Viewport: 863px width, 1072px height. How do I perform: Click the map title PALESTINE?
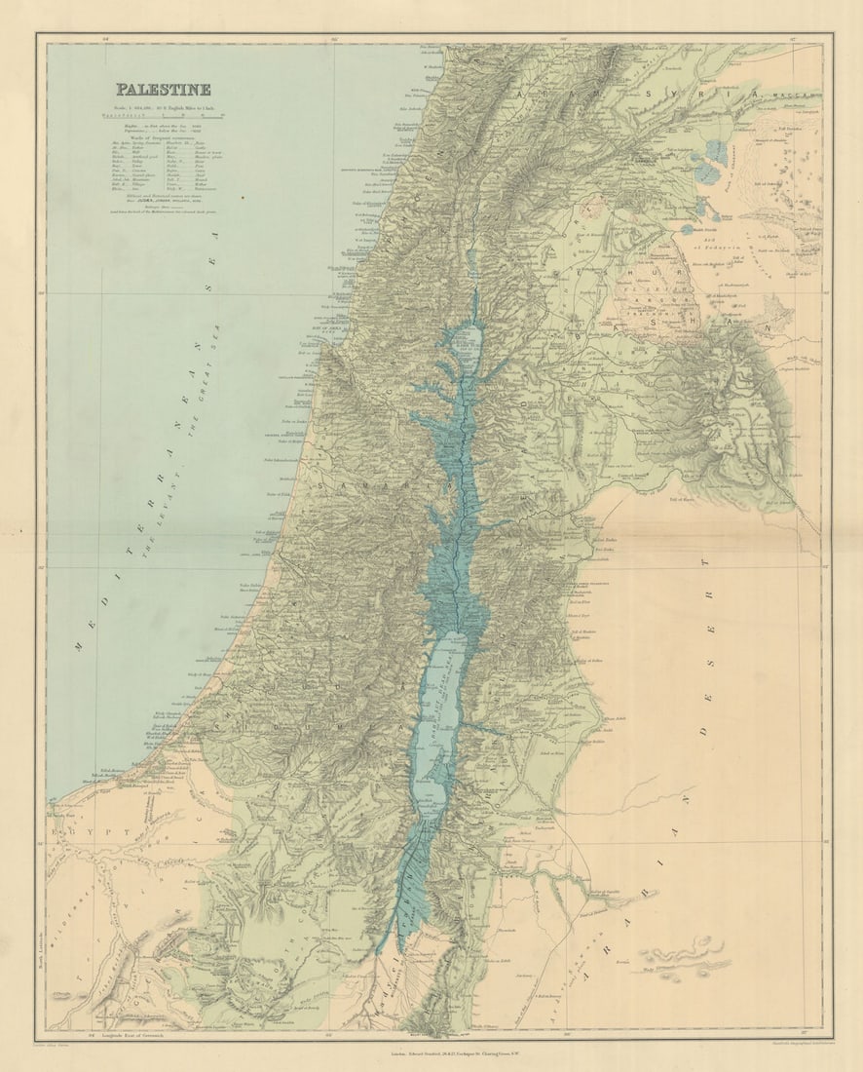point(163,90)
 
